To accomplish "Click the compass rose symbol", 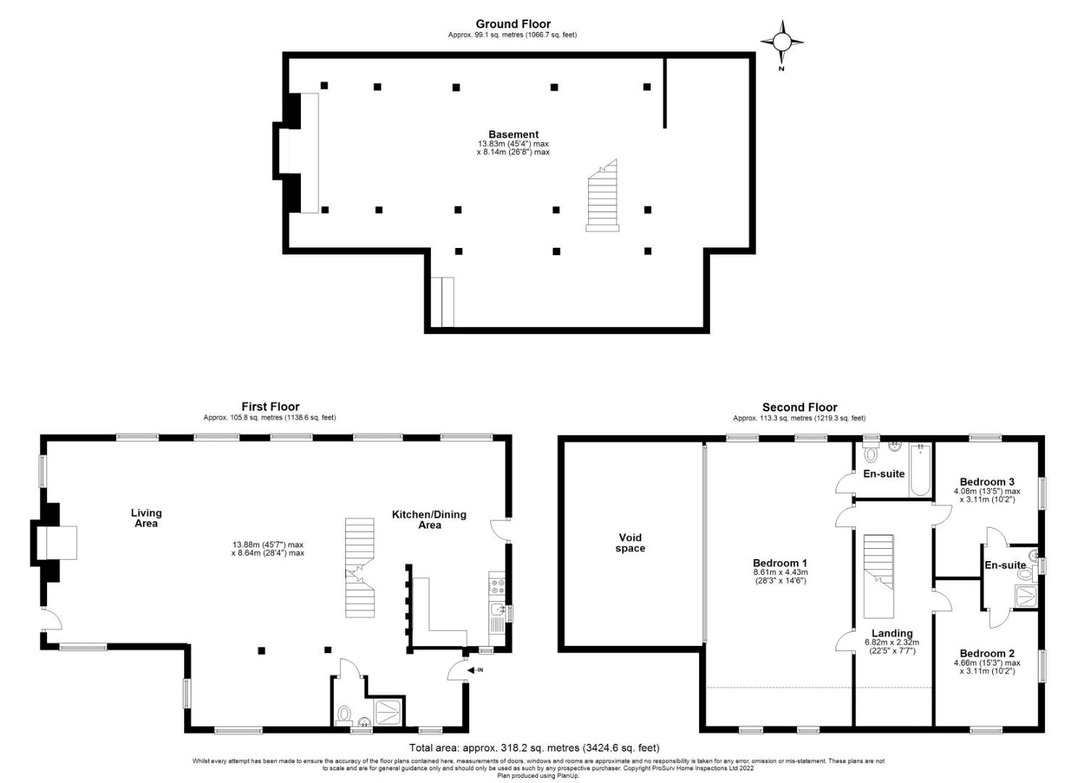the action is [782, 42].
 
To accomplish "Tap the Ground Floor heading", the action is [513, 24].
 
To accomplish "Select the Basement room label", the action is [513, 135].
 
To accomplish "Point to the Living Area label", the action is [147, 518].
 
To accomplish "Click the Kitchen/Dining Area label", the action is [429, 520].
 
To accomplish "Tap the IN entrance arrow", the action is [475, 670].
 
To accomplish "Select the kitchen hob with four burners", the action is [497, 586].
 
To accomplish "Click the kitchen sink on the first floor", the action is [498, 610].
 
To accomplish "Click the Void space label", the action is [630, 543].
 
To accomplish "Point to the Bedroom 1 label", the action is [780, 563].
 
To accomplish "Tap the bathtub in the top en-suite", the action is [920, 471].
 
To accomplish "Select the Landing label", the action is [892, 633].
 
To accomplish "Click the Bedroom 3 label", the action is [987, 481].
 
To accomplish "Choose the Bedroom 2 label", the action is [987, 653].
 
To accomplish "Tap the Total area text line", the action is [535, 747].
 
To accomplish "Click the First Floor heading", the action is [271, 407].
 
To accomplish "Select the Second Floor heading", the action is [799, 407].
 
